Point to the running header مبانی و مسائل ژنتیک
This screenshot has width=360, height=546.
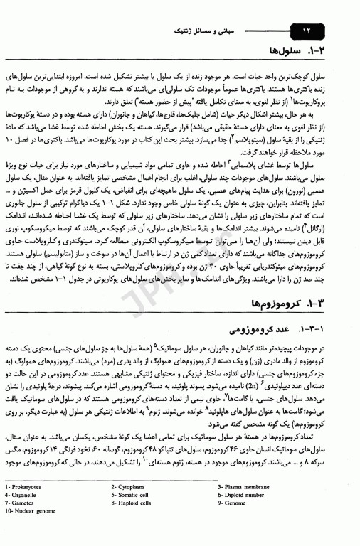point(206,31)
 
